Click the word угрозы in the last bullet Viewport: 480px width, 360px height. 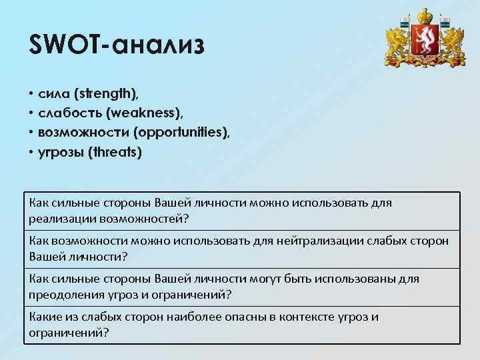tap(64, 152)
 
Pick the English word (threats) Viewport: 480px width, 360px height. tap(117, 152)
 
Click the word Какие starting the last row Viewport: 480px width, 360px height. tap(45, 317)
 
